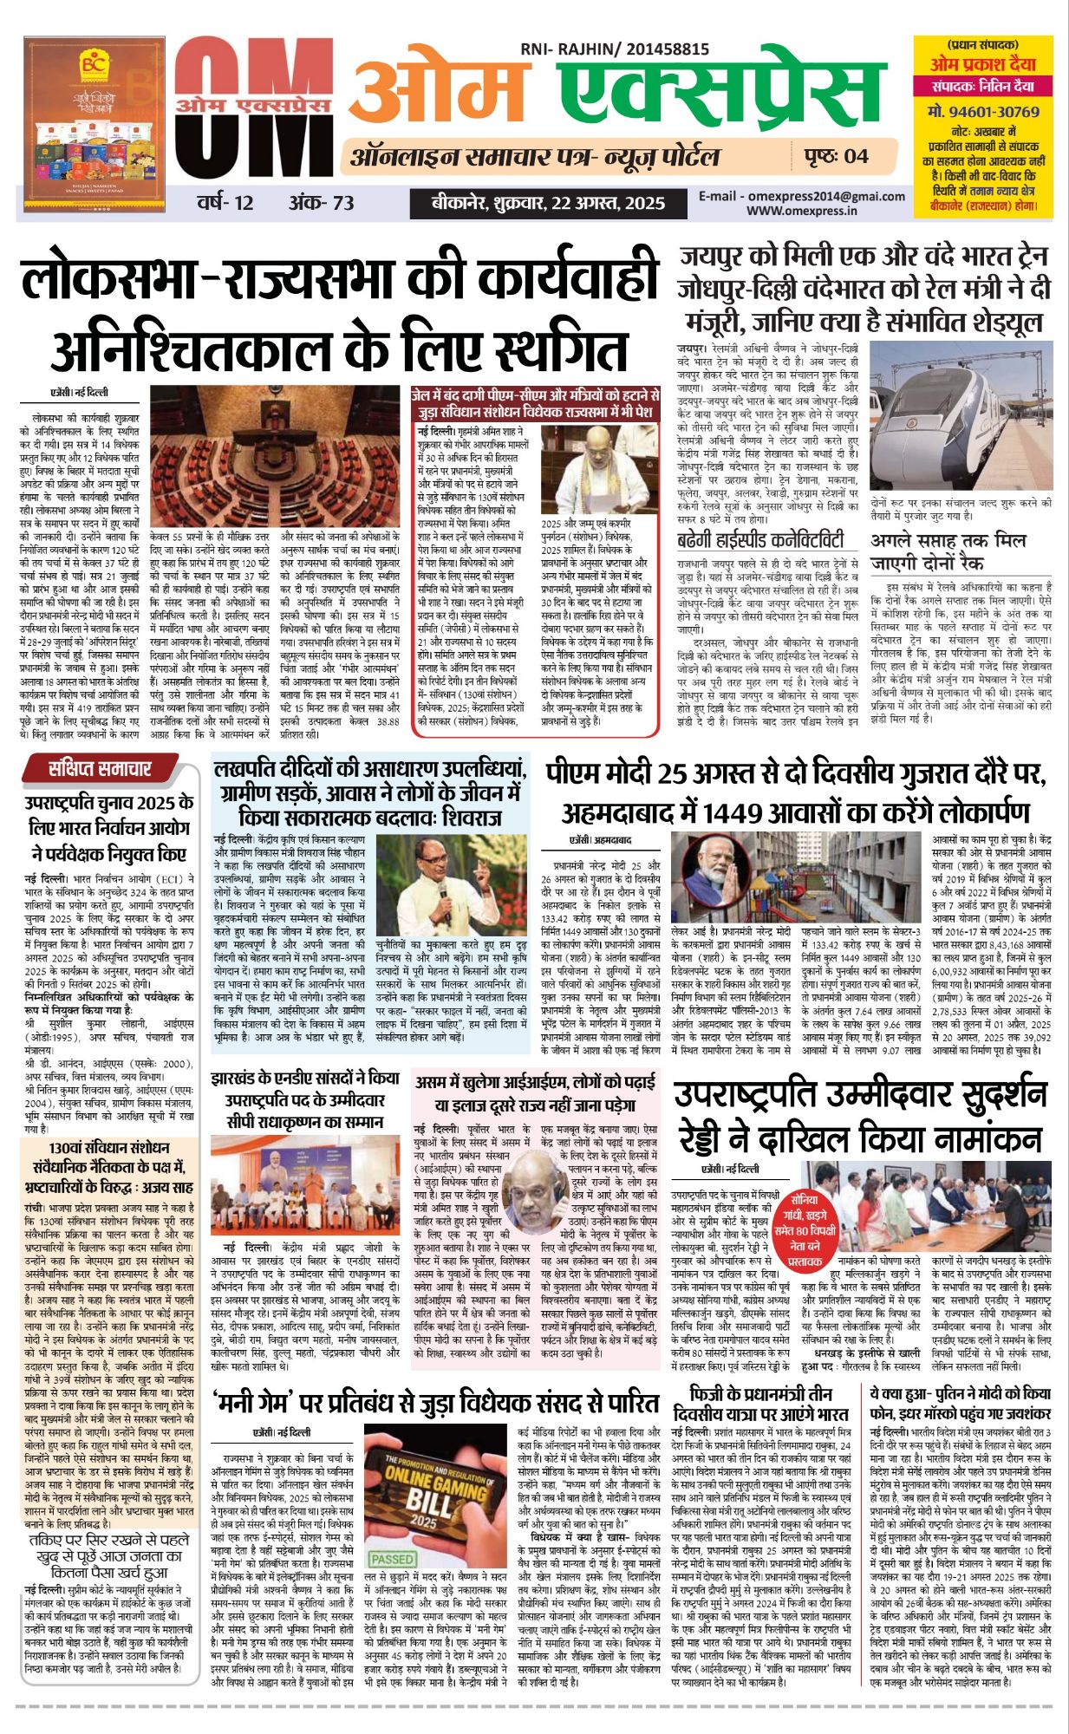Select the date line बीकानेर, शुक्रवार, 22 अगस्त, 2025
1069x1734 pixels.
(549, 204)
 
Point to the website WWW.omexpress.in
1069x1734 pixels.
(802, 210)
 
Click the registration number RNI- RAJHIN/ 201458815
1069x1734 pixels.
(615, 50)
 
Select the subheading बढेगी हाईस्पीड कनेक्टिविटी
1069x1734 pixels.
(760, 541)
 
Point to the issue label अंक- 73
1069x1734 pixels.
(322, 203)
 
